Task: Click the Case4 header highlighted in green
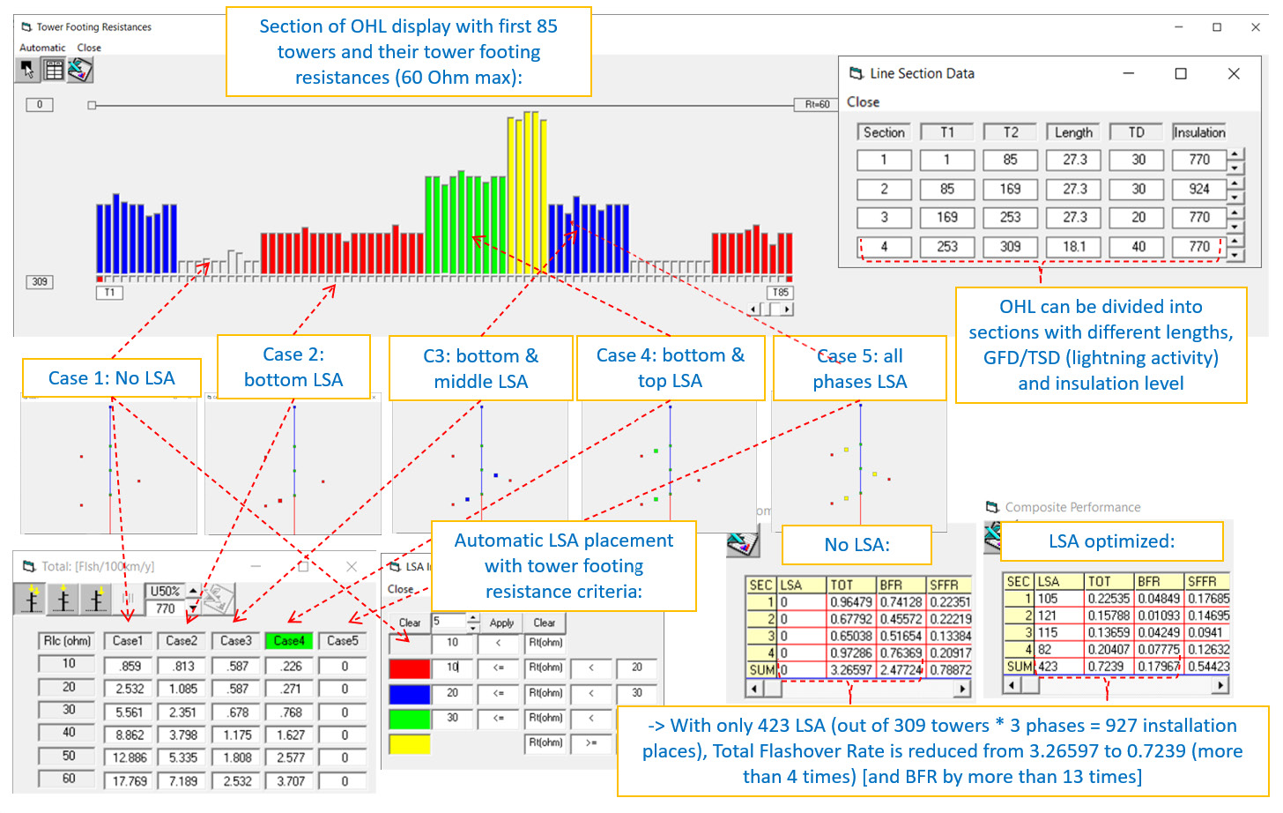[x=289, y=641]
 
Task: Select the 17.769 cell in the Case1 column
[x=129, y=781]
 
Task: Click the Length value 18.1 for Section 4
[x=1073, y=247]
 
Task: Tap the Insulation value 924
[x=1198, y=189]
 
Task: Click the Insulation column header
[x=1198, y=132]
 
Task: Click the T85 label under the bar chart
[x=780, y=293]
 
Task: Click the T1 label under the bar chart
[x=109, y=293]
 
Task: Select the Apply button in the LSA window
[x=501, y=623]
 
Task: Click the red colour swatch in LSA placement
[x=409, y=668]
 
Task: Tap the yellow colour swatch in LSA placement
[x=409, y=744]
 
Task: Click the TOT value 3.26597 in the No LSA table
[x=851, y=670]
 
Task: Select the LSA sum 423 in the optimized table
[x=1048, y=667]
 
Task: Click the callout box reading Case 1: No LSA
[x=111, y=378]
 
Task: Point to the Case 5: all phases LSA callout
[x=859, y=369]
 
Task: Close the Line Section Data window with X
[x=1234, y=74]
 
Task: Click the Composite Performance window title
[x=1072, y=507]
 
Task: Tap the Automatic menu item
[x=42, y=48]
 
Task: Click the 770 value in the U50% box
[x=165, y=608]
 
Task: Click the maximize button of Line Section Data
[x=1181, y=74]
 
